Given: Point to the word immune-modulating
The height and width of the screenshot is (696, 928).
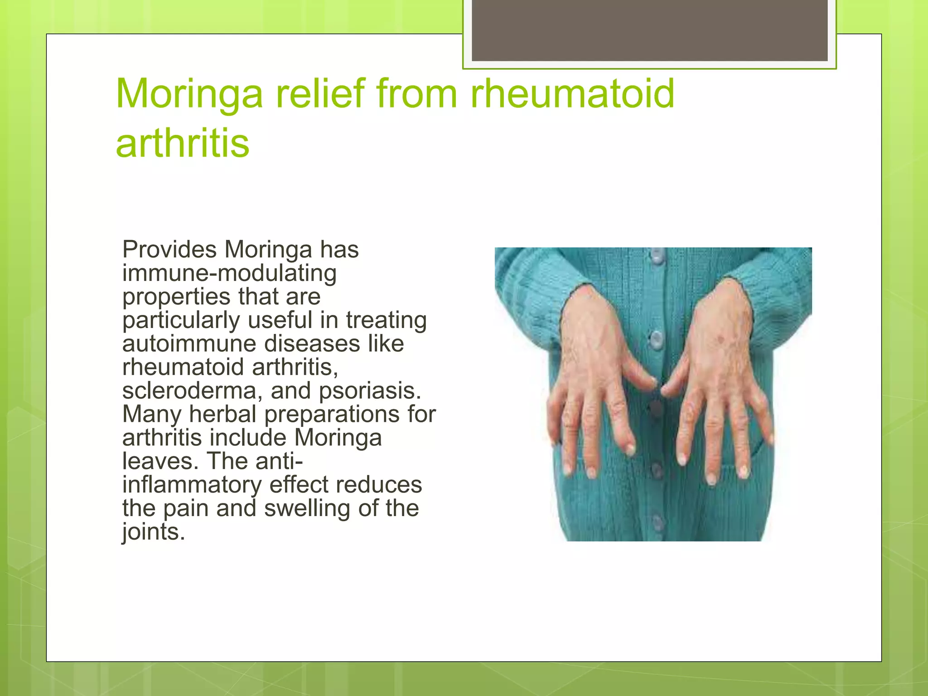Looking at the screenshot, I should [229, 273].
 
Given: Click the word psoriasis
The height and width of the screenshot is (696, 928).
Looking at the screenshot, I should [370, 391].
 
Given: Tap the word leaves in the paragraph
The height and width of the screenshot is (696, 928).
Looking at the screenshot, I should [160, 461].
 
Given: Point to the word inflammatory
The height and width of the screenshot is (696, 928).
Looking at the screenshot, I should [192, 485].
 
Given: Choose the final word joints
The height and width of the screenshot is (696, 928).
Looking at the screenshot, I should [154, 532].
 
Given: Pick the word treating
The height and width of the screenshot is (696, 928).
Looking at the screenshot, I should [386, 320].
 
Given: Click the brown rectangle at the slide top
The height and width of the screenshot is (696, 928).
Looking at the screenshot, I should [649, 30].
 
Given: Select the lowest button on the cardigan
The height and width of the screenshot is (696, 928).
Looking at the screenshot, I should [657, 523].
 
